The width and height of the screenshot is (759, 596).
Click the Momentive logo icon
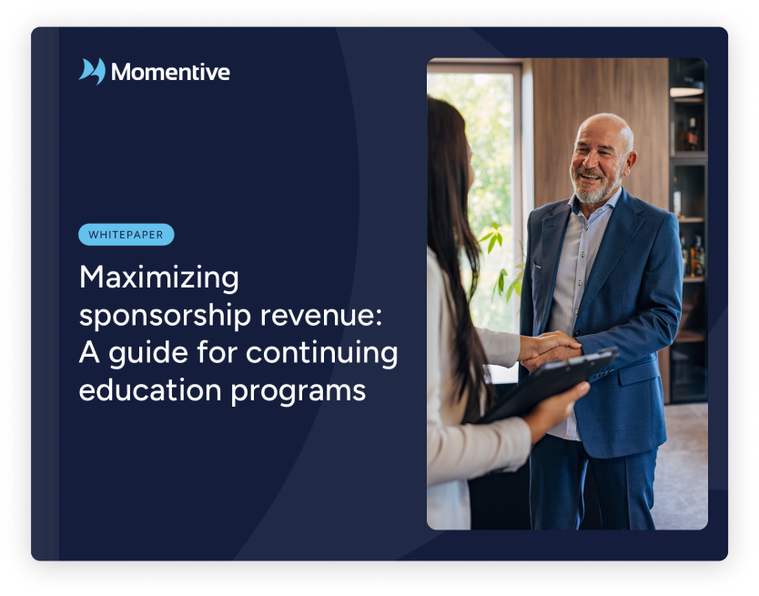tap(92, 72)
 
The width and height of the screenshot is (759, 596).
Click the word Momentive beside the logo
tap(170, 72)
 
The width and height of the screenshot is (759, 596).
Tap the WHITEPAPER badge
tap(126, 235)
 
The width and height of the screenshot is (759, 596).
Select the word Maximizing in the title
tap(159, 277)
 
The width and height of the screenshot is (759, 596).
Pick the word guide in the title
tap(155, 352)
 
